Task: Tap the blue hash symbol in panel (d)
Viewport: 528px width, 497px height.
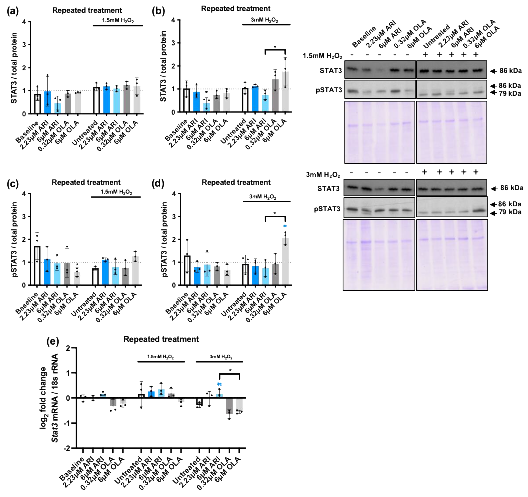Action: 285,226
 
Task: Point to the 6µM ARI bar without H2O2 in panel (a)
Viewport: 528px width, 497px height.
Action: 58,108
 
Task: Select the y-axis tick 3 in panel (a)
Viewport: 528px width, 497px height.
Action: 24,45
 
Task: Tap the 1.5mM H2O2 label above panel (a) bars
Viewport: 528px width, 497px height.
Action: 118,20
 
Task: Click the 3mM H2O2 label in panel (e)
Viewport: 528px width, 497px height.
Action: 221,357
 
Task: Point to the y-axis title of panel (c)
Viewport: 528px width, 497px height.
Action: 15,239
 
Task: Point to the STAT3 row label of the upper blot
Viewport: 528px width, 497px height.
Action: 331,71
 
